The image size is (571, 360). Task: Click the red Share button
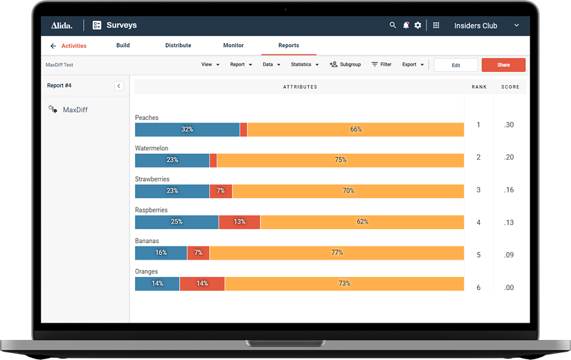[x=503, y=65]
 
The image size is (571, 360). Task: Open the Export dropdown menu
[x=413, y=64]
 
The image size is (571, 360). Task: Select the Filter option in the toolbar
[x=381, y=64]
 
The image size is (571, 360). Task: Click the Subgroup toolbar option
[x=345, y=64]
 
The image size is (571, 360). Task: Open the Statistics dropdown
[x=305, y=64]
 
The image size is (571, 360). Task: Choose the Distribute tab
[x=178, y=46]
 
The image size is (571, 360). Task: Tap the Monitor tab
[x=233, y=46]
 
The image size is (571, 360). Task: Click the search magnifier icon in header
[x=392, y=26]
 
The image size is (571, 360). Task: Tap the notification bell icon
[x=406, y=26]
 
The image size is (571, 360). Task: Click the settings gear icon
[x=418, y=26]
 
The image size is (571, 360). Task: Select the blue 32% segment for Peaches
[x=187, y=129]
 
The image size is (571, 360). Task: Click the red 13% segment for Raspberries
[x=239, y=222]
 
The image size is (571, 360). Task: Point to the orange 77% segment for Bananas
[x=336, y=253]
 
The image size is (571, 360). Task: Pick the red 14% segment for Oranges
[x=202, y=284]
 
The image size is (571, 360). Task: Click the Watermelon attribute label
[x=152, y=148]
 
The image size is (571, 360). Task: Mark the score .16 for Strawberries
[x=509, y=190]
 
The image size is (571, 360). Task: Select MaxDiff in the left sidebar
[x=75, y=110]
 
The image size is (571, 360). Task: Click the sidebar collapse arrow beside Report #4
[x=119, y=86]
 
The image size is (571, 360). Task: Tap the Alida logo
[x=62, y=26]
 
